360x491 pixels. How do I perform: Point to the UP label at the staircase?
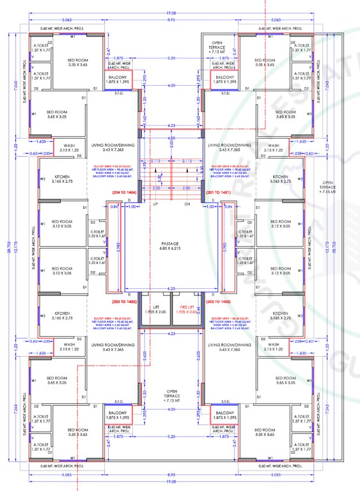point(155,205)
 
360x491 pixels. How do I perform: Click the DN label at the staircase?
point(187,205)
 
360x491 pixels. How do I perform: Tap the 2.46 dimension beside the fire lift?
point(200,311)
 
